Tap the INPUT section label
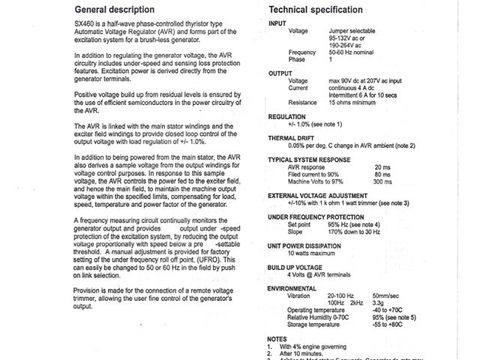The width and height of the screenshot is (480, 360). pyautogui.click(x=277, y=24)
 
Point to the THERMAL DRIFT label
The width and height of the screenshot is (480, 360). pyautogui.click(x=295, y=138)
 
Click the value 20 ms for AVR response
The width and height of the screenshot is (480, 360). pyautogui.click(x=382, y=167)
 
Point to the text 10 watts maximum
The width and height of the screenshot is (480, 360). pyautogui.click(x=313, y=253)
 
